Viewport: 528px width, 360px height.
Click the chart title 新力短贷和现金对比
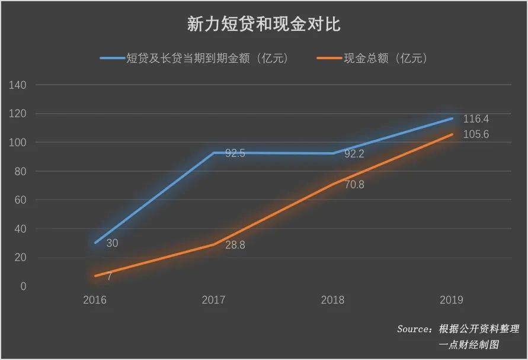tap(264, 24)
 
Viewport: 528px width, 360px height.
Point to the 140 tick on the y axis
tap(18, 85)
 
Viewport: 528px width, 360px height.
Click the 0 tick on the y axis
tap(23, 287)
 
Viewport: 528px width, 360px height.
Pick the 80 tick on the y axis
tap(20, 172)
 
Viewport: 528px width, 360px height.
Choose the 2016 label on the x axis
tap(95, 300)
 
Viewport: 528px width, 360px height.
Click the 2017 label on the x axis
tap(213, 300)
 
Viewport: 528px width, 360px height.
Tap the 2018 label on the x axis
tap(332, 300)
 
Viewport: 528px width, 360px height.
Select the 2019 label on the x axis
tap(452, 300)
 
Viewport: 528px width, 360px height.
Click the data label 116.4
tap(476, 119)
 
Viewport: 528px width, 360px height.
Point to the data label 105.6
tap(476, 134)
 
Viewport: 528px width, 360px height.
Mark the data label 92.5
tap(235, 153)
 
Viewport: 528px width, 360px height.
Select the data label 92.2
tap(354, 154)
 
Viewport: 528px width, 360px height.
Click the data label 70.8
tap(354, 185)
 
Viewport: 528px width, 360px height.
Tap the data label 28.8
tap(235, 245)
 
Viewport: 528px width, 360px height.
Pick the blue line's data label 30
tap(112, 243)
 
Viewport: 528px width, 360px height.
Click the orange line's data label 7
tap(110, 277)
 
